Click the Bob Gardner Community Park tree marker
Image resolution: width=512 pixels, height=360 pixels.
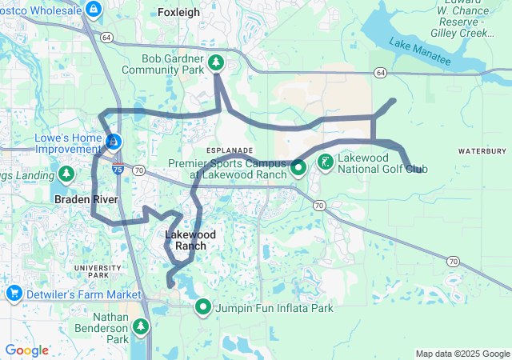215,63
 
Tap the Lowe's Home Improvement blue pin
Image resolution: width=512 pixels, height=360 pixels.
114,142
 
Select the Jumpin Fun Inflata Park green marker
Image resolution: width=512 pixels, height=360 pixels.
203,306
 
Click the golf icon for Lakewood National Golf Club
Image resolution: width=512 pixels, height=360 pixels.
326,163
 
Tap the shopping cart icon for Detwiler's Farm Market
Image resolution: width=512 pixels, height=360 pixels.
14,294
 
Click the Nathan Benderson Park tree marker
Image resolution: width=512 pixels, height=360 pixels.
141,326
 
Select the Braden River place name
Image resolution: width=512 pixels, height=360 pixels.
86,199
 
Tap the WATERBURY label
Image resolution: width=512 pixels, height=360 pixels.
482,150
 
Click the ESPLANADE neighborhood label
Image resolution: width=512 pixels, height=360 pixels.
230,150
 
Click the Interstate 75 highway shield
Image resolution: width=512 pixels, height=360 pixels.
118,169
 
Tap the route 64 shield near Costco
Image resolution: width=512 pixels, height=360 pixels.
106,37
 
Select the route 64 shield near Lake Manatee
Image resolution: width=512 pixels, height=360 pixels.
379,73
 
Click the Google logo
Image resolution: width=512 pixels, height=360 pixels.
26,350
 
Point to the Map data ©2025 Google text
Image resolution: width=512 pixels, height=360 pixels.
462,354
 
